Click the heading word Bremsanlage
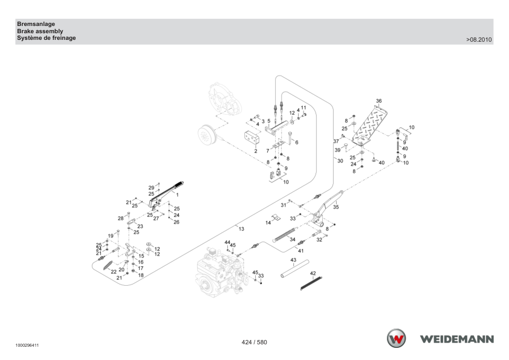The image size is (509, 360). pos(36,24)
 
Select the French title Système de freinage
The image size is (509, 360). pos(47,38)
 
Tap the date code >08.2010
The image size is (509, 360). pos(479,40)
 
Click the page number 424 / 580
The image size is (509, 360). pos(254,342)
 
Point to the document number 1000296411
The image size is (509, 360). pos(27,346)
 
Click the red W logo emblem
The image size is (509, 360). pos(396,338)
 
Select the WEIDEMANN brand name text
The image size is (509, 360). pos(457,339)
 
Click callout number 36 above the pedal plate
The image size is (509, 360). pos(379,101)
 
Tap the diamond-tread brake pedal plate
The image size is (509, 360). pos(370,125)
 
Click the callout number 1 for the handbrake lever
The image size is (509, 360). pos(177,195)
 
